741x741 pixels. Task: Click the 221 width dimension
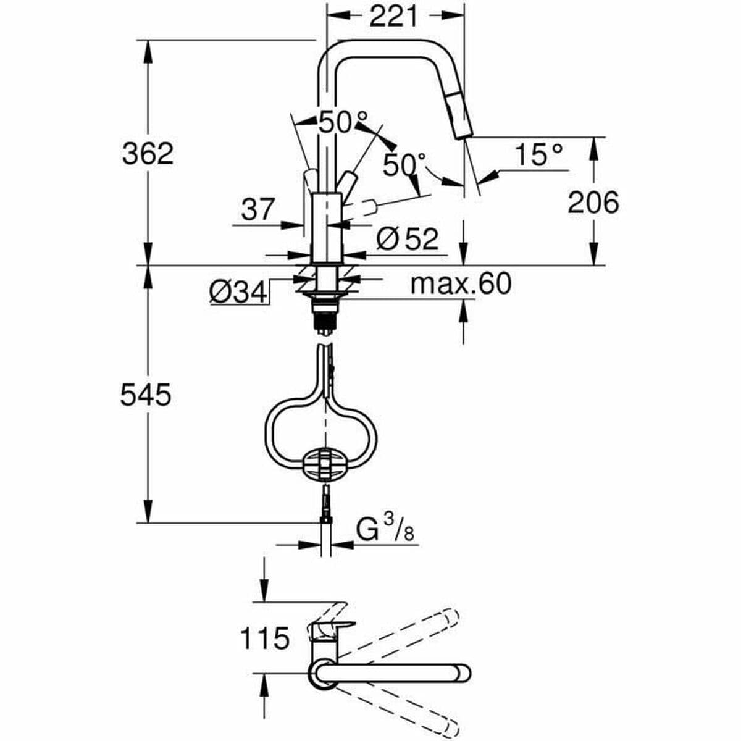pos(394,17)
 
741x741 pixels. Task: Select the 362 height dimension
pos(148,153)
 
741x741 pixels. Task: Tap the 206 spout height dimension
pos(593,202)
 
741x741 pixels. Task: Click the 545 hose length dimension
pos(146,395)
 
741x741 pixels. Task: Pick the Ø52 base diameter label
pos(408,238)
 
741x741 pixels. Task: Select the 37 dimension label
pos(257,210)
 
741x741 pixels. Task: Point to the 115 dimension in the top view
pos(264,638)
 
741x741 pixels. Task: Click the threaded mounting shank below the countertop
pos(325,315)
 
